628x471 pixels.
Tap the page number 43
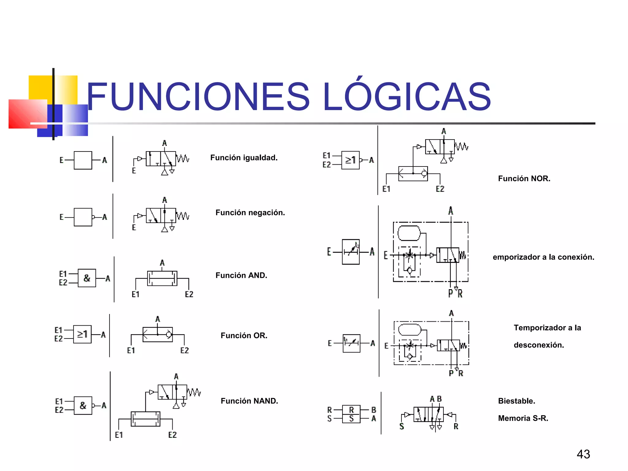coord(583,454)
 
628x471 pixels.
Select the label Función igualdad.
coord(244,158)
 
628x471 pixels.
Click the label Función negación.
coord(250,213)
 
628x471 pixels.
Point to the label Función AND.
coord(241,275)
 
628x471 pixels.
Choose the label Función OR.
coord(244,335)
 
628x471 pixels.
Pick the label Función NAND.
coord(249,401)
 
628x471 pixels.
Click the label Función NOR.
coord(524,178)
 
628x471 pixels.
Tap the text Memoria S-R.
coord(523,418)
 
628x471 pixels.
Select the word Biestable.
coord(516,401)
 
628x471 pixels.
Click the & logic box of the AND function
coord(87,278)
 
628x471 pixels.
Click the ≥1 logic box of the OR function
coord(82,334)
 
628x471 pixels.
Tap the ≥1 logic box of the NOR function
coord(350,160)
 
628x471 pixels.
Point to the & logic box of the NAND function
coord(83,405)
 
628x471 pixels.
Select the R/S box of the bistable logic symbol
coord(351,414)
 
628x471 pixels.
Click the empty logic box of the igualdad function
coord(83,160)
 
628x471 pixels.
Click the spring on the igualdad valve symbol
coord(183,159)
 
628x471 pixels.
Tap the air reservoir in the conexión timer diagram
coord(409,233)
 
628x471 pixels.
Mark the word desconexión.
coord(539,345)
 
